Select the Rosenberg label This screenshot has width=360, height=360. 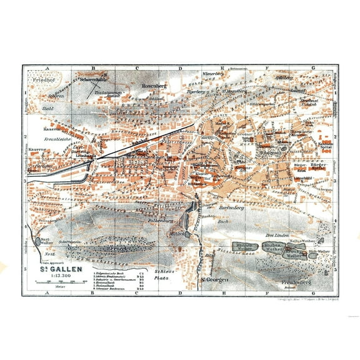point(153,86)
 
